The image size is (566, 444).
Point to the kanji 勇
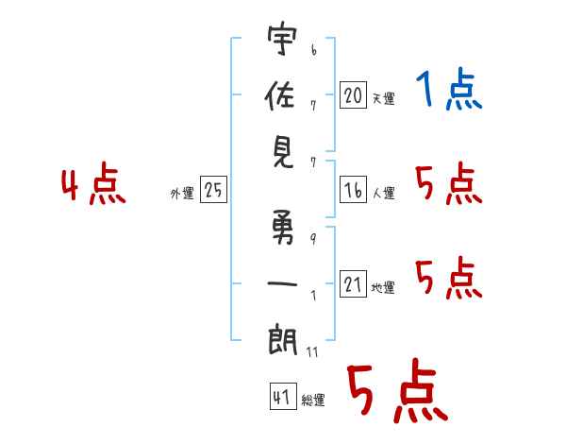click(282, 232)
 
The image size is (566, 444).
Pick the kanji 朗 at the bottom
click(282, 338)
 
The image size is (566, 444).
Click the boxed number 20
click(353, 94)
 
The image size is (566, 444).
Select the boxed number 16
click(353, 191)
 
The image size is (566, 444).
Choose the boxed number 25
click(213, 191)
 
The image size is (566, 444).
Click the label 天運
click(383, 98)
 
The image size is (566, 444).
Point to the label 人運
click(383, 194)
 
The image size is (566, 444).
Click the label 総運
click(313, 401)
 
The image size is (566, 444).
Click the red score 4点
click(93, 185)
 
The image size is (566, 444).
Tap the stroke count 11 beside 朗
click(312, 352)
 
